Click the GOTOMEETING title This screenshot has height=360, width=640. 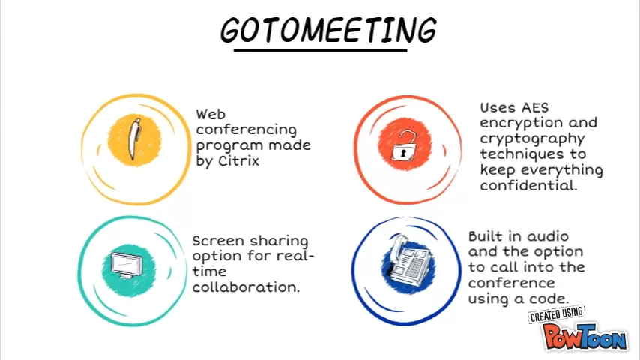[x=328, y=30]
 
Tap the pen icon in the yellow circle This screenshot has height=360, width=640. [x=134, y=139]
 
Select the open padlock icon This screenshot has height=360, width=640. [x=403, y=145]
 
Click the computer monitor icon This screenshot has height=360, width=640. [x=127, y=265]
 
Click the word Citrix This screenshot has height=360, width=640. [x=239, y=161]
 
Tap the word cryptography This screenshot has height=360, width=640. [x=533, y=139]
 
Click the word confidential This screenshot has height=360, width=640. [x=528, y=185]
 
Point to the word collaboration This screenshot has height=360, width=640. [x=246, y=286]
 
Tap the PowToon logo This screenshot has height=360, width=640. [x=585, y=336]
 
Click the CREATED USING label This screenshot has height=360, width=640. [x=556, y=314]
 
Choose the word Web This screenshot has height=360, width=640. [x=211, y=114]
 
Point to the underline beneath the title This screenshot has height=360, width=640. [x=321, y=51]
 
